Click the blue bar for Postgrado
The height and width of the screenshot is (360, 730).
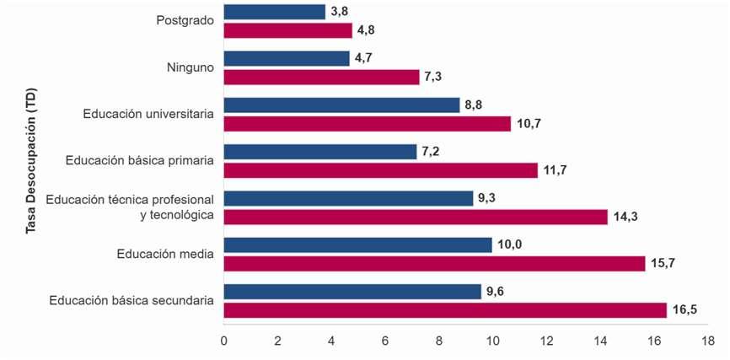coord(275,12)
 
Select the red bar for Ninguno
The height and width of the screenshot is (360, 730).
coord(322,78)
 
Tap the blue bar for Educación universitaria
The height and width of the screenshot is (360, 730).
coord(341,105)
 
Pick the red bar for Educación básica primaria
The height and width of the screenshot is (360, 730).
coord(381,170)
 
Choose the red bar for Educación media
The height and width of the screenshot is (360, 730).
coord(434,264)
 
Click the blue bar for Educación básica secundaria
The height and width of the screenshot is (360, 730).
coord(352,292)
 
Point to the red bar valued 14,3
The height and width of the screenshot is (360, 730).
coord(416,217)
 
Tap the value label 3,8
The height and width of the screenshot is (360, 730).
coord(340,12)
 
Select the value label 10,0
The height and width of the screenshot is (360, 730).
coord(509,244)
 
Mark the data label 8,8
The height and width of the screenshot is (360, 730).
coord(474,105)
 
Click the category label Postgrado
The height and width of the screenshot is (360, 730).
coord(185,20)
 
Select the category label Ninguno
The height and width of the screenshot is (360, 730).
coord(191,67)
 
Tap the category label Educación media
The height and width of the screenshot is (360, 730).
coord(166,254)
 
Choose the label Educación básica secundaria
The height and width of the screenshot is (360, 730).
coord(132,300)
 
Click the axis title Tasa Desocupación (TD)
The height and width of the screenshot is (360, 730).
coord(31,161)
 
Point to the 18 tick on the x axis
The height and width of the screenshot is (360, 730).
coord(707,341)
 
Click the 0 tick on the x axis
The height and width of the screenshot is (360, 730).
coord(224,341)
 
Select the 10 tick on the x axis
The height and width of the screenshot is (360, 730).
coord(492,341)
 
